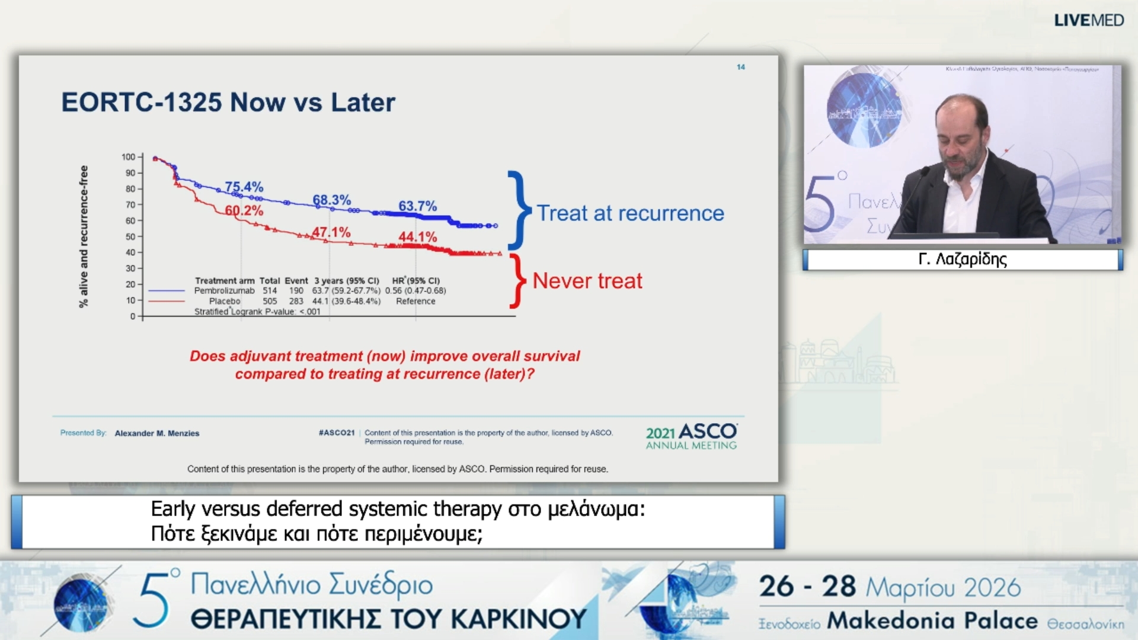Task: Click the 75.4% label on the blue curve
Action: [244, 187]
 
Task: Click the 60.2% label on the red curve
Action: [244, 210]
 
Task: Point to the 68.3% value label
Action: [332, 200]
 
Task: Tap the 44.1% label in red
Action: [418, 236]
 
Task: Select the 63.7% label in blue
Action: [417, 206]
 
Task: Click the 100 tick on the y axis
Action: [128, 157]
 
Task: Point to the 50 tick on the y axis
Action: [130, 236]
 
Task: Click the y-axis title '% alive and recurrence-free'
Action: [84, 236]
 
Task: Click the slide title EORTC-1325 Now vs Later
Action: [228, 102]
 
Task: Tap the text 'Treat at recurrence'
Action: [630, 213]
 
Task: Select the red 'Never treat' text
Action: [587, 280]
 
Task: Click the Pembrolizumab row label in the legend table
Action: [224, 290]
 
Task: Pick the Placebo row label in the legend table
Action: [225, 301]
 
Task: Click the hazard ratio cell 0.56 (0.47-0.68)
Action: [415, 290]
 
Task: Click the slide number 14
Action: [740, 67]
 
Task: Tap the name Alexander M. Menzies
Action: [157, 433]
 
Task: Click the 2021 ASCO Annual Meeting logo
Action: [691, 436]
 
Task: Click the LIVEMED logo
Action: [1088, 20]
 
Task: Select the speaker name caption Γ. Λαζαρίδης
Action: [962, 259]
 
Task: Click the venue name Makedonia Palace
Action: [932, 620]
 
